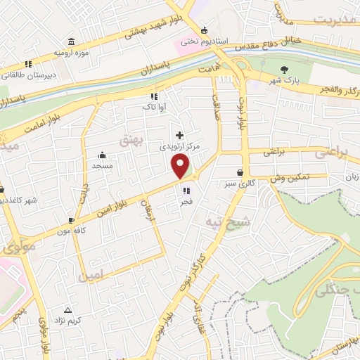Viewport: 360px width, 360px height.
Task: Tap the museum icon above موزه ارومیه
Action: [70, 42]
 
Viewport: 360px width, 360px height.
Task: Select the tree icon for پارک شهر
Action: [284, 69]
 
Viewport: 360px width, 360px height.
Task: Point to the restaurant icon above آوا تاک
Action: [153, 97]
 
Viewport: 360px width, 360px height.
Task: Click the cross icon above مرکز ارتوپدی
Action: [179, 134]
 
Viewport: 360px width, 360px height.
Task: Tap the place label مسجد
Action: [103, 165]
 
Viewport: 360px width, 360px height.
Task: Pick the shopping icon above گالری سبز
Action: [240, 172]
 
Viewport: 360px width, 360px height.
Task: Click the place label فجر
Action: [186, 201]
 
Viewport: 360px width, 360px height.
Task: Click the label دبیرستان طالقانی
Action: [24, 71]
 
